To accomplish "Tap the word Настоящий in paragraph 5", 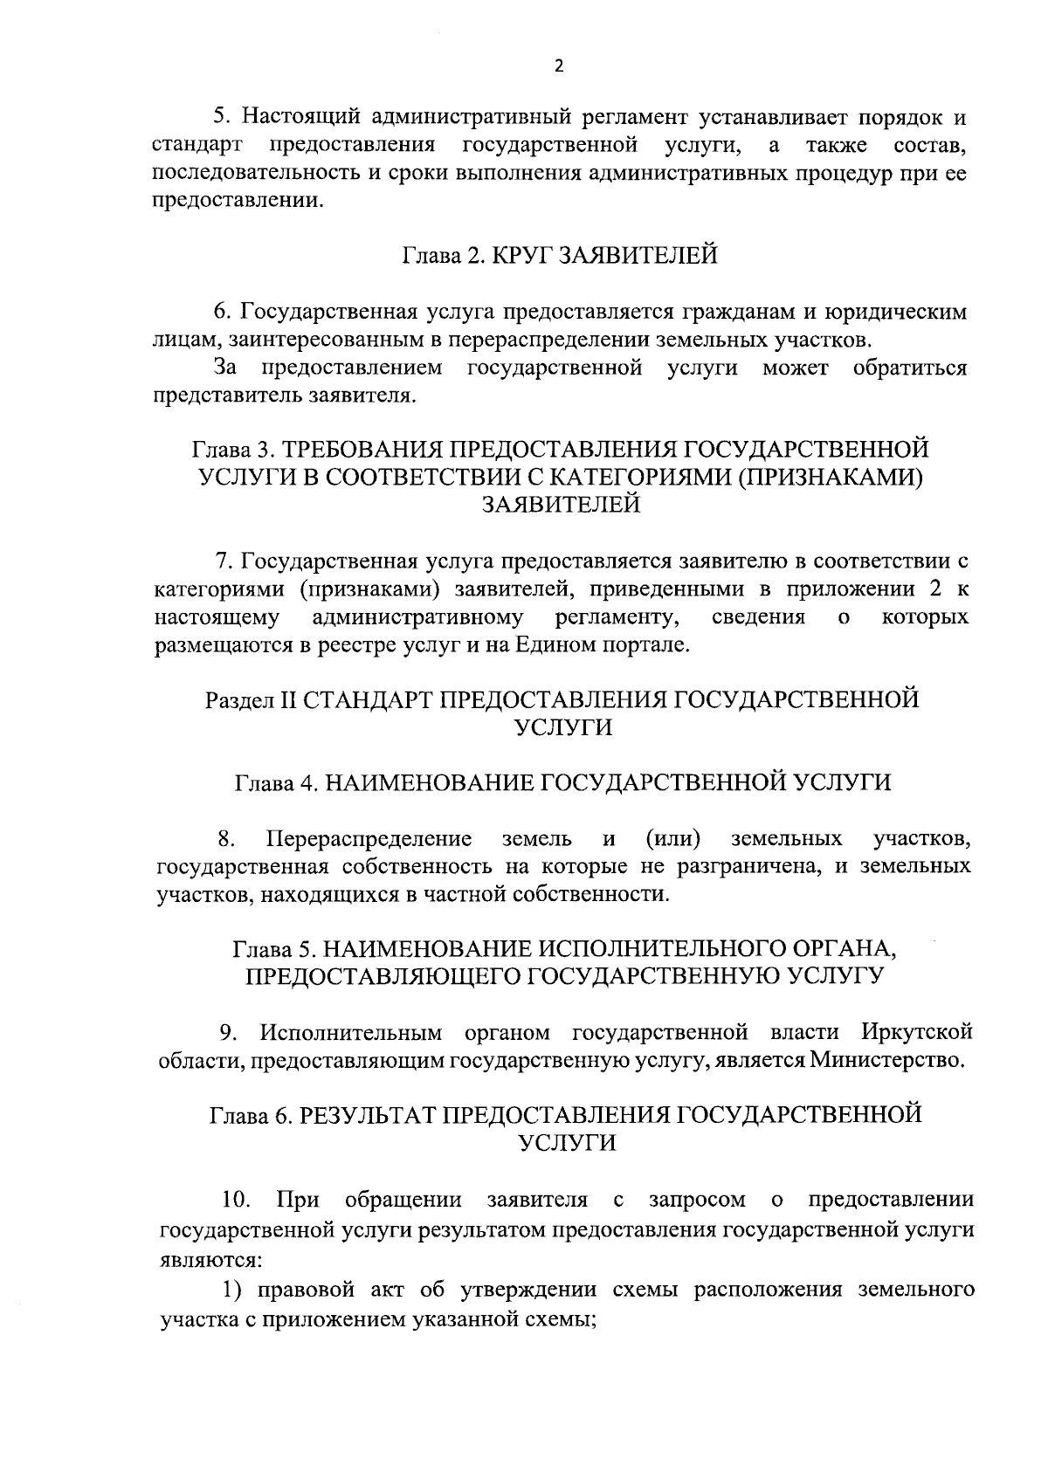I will point(301,116).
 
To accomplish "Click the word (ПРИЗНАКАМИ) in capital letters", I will point(826,477).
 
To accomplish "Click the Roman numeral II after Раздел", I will point(287,700).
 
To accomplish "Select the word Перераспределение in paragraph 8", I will point(369,840).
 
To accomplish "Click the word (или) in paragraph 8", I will point(673,840).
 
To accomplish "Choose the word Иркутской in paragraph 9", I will point(916,1033).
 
